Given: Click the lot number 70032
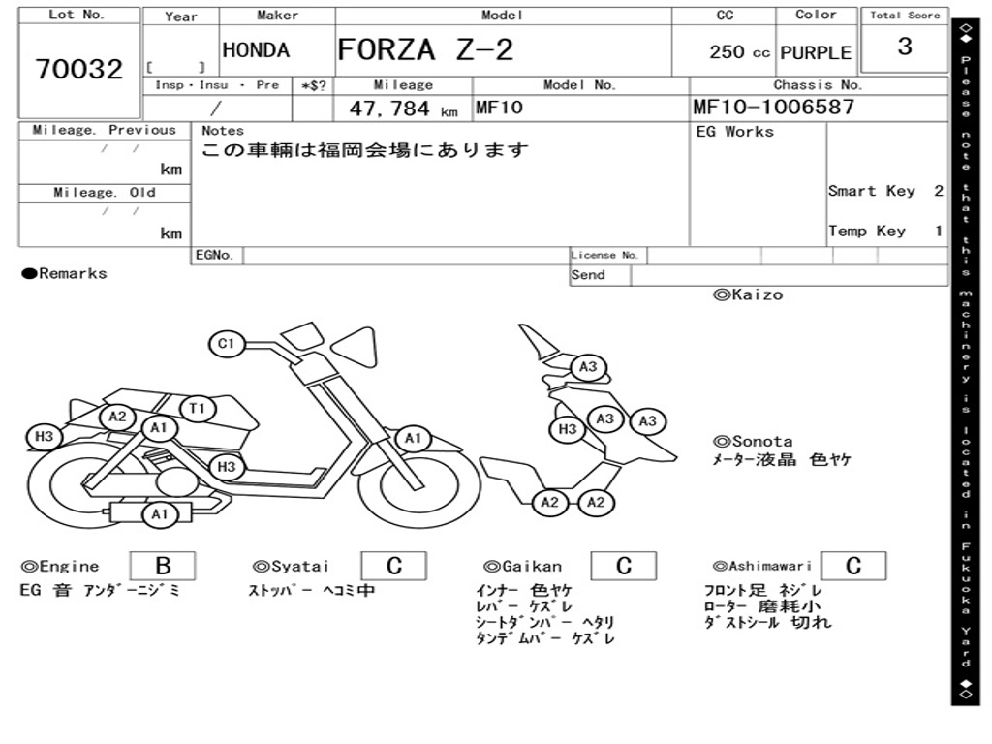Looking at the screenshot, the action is pos(79,70).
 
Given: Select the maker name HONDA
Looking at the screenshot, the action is pos(256,50).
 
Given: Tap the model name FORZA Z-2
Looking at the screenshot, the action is pos(426,49).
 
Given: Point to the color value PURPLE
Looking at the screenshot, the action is pos(816,52).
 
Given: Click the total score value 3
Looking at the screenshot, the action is pos(905,46).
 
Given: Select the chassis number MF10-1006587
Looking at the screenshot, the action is pos(774,107).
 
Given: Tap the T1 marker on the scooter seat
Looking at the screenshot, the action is pos(198,409).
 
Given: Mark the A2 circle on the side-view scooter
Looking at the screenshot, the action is pos(118,417).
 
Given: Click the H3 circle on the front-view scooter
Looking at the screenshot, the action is pos(568,429).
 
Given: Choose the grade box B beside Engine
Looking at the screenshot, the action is pos(162,566).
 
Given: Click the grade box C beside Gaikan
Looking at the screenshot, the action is pos(624,566).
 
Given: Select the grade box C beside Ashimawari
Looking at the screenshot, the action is pos(852,566).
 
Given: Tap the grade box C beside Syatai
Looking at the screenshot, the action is pos(394,566).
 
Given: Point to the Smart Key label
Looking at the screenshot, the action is pos(871,191).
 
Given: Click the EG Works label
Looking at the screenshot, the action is pos(735,131).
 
